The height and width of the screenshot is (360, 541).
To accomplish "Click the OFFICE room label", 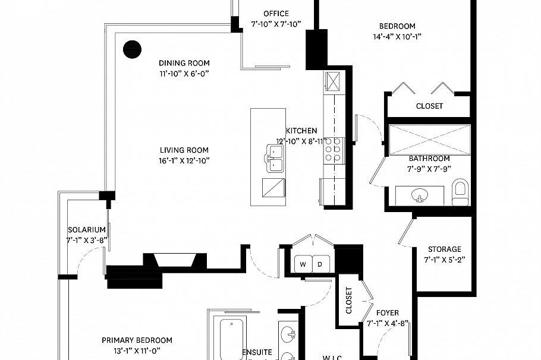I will click(x=276, y=14).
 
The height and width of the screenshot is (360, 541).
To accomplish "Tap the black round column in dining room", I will click(x=131, y=49).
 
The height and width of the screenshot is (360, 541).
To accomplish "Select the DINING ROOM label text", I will click(x=184, y=64).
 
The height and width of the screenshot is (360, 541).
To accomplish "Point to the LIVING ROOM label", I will click(x=184, y=150).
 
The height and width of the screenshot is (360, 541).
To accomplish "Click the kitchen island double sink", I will click(x=273, y=160).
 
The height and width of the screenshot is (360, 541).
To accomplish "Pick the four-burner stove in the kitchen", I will click(x=332, y=149).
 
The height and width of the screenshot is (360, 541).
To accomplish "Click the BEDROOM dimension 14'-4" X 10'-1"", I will click(x=397, y=36).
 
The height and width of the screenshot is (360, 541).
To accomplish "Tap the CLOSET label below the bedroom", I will click(x=429, y=106).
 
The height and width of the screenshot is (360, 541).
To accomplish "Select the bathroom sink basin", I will click(x=421, y=196).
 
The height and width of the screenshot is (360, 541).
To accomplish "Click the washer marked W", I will click(x=303, y=264).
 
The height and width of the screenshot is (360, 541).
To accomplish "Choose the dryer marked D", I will click(x=319, y=264).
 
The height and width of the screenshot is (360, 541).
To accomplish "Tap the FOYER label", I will click(x=388, y=313).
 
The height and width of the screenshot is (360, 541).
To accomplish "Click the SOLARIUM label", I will click(x=86, y=230).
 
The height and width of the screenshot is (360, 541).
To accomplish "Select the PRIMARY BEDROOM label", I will click(x=137, y=340).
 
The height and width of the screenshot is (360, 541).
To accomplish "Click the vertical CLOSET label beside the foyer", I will click(x=349, y=301).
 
